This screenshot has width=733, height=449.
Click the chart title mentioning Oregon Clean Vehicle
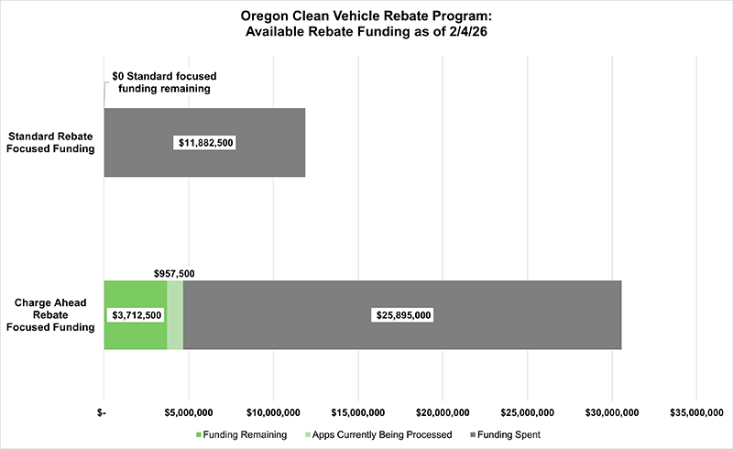tap(366, 25)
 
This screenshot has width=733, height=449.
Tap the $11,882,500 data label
tap(204, 143)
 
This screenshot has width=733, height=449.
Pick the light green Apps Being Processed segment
tap(175, 314)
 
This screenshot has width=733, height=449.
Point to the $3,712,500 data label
tap(137, 314)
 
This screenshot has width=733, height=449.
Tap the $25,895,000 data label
tap(402, 314)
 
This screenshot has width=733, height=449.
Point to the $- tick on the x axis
tap(104, 412)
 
